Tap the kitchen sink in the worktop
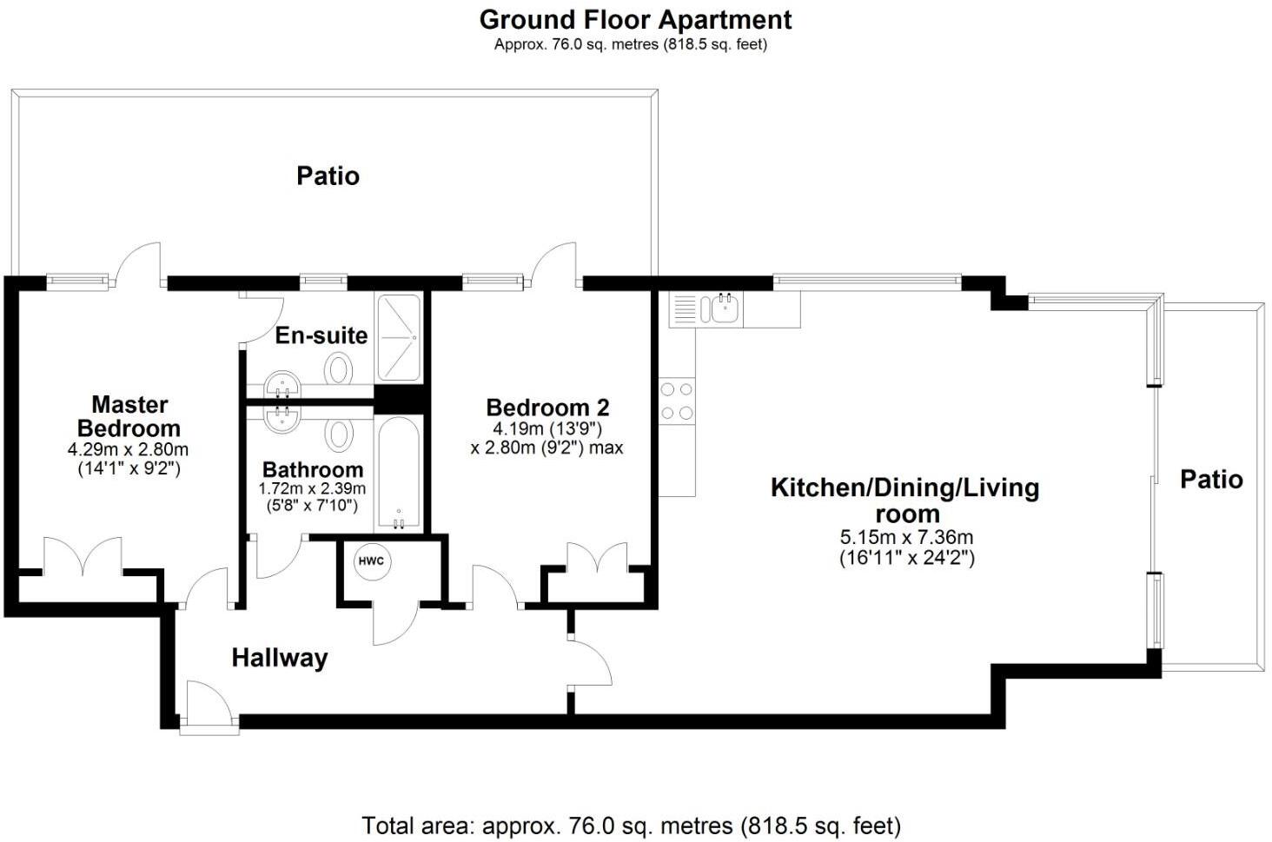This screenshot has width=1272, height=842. tap(724, 307)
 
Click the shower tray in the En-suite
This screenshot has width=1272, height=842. tap(399, 337)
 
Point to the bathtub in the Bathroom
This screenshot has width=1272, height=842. tap(399, 474)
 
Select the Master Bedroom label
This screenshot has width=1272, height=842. tap(129, 416)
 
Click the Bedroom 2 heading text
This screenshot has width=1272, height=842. tap(547, 407)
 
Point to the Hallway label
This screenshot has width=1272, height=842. tap(280, 658)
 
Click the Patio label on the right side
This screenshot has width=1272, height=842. tap(1211, 479)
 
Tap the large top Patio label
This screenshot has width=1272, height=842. tap(328, 176)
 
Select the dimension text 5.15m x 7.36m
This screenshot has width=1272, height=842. tap(906, 537)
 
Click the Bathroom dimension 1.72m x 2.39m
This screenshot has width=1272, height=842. tap(312, 489)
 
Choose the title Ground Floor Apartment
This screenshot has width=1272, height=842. tap(635, 19)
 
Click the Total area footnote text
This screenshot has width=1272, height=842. tap(631, 825)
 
